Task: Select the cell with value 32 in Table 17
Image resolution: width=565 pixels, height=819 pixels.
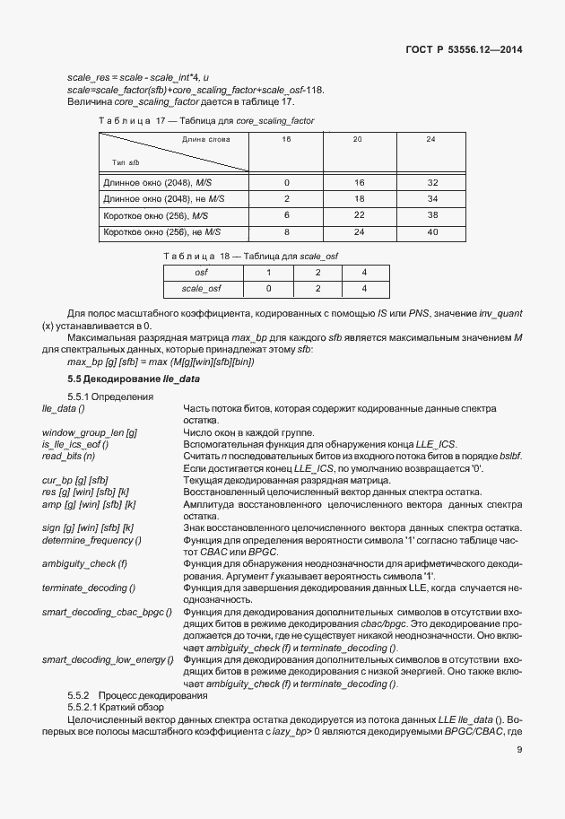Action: click(x=430, y=181)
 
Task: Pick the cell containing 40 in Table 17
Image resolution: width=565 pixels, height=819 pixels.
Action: click(x=430, y=231)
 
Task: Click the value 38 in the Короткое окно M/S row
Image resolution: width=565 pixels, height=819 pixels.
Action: click(x=430, y=215)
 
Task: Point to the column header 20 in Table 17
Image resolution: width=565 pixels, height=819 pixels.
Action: click(x=357, y=140)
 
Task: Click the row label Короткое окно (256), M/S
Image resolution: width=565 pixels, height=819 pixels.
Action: click(x=156, y=215)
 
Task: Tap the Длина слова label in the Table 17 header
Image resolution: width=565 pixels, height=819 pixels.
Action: click(x=205, y=140)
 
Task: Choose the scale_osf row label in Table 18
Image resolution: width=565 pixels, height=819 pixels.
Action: click(x=202, y=289)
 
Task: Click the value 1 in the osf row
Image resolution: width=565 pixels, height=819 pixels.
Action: click(x=268, y=272)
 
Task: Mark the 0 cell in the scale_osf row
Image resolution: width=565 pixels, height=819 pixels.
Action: click(x=268, y=289)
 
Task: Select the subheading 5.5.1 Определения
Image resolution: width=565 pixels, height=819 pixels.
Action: click(x=110, y=396)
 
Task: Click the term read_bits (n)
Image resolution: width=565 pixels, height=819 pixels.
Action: click(x=69, y=456)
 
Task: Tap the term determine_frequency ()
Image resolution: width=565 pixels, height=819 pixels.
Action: click(x=92, y=540)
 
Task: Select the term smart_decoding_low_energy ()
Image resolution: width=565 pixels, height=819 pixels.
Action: click(x=104, y=660)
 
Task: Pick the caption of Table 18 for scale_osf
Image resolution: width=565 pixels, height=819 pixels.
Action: click(x=250, y=257)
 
